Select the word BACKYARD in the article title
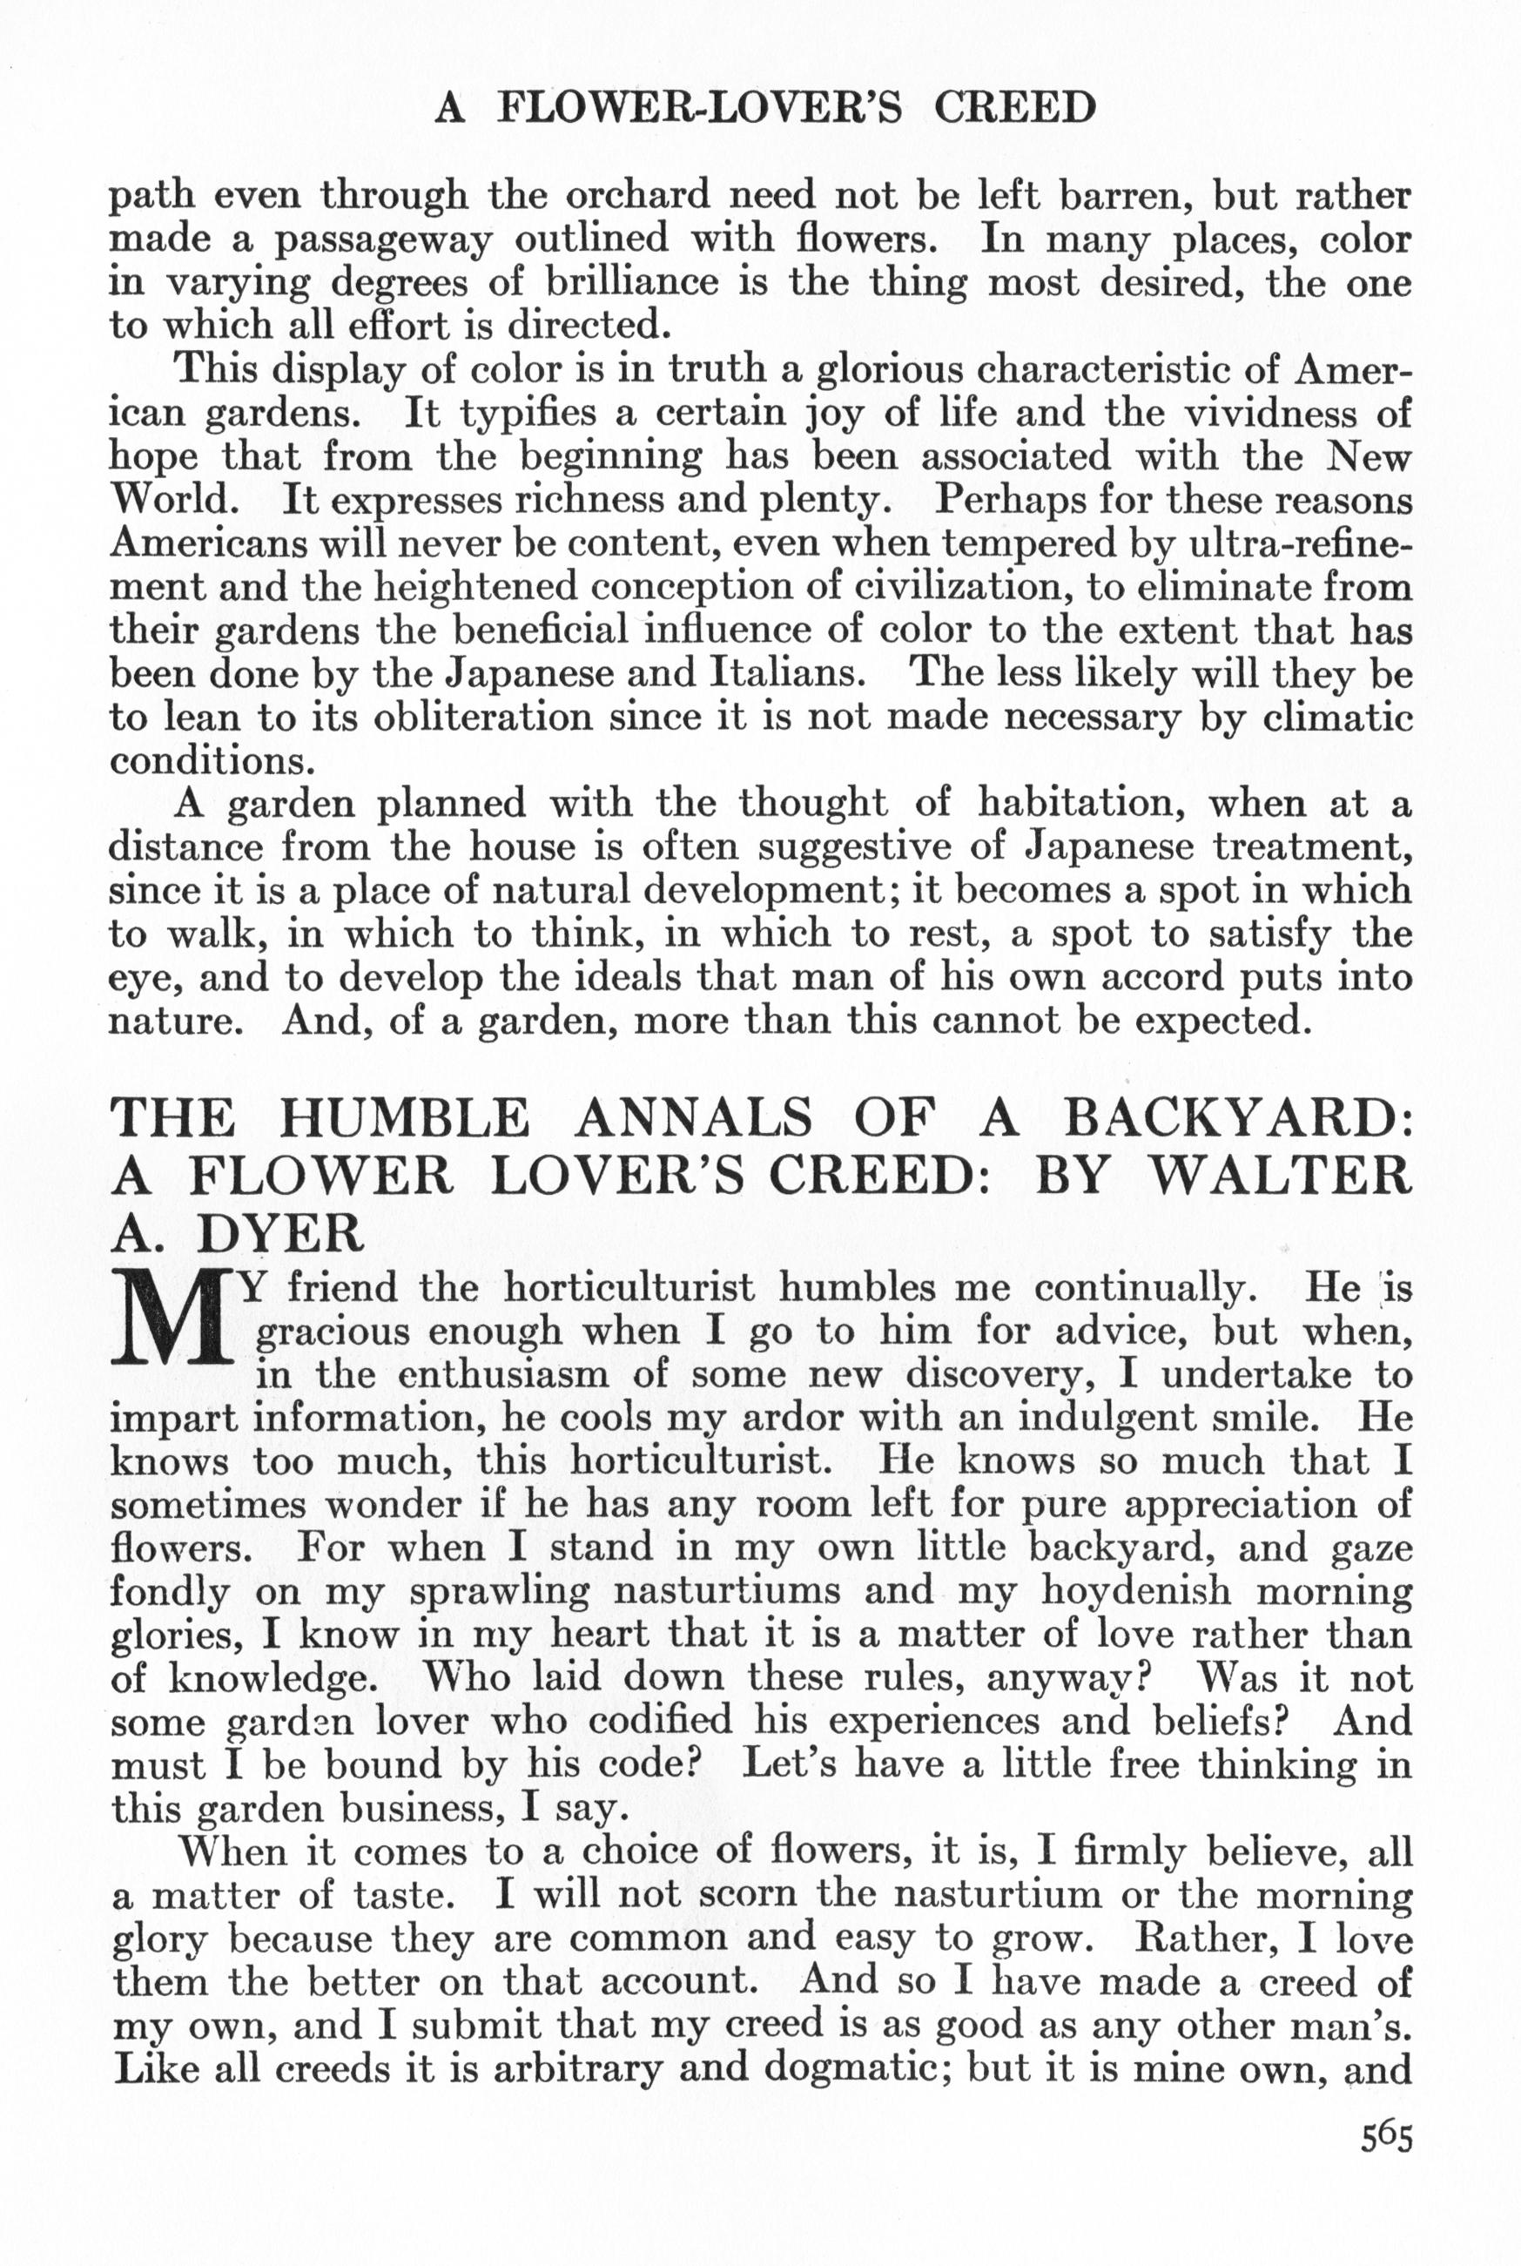click(1238, 1117)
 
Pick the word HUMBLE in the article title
click(405, 1117)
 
